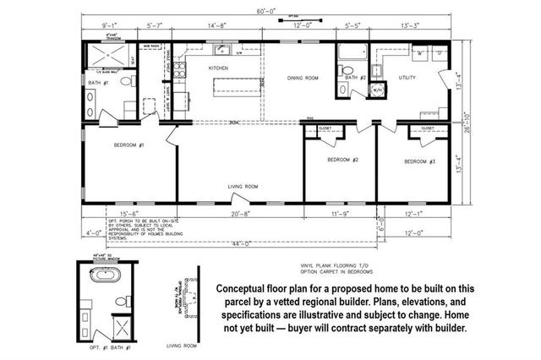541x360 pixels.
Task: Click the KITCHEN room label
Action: tap(220, 68)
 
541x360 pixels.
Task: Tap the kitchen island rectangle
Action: tap(235, 86)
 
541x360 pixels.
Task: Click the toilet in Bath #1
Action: tap(126, 83)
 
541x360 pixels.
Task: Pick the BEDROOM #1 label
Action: tap(129, 145)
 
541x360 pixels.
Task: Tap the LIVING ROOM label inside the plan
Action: tap(243, 186)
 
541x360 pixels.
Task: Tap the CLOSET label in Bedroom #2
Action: tap(325, 129)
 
